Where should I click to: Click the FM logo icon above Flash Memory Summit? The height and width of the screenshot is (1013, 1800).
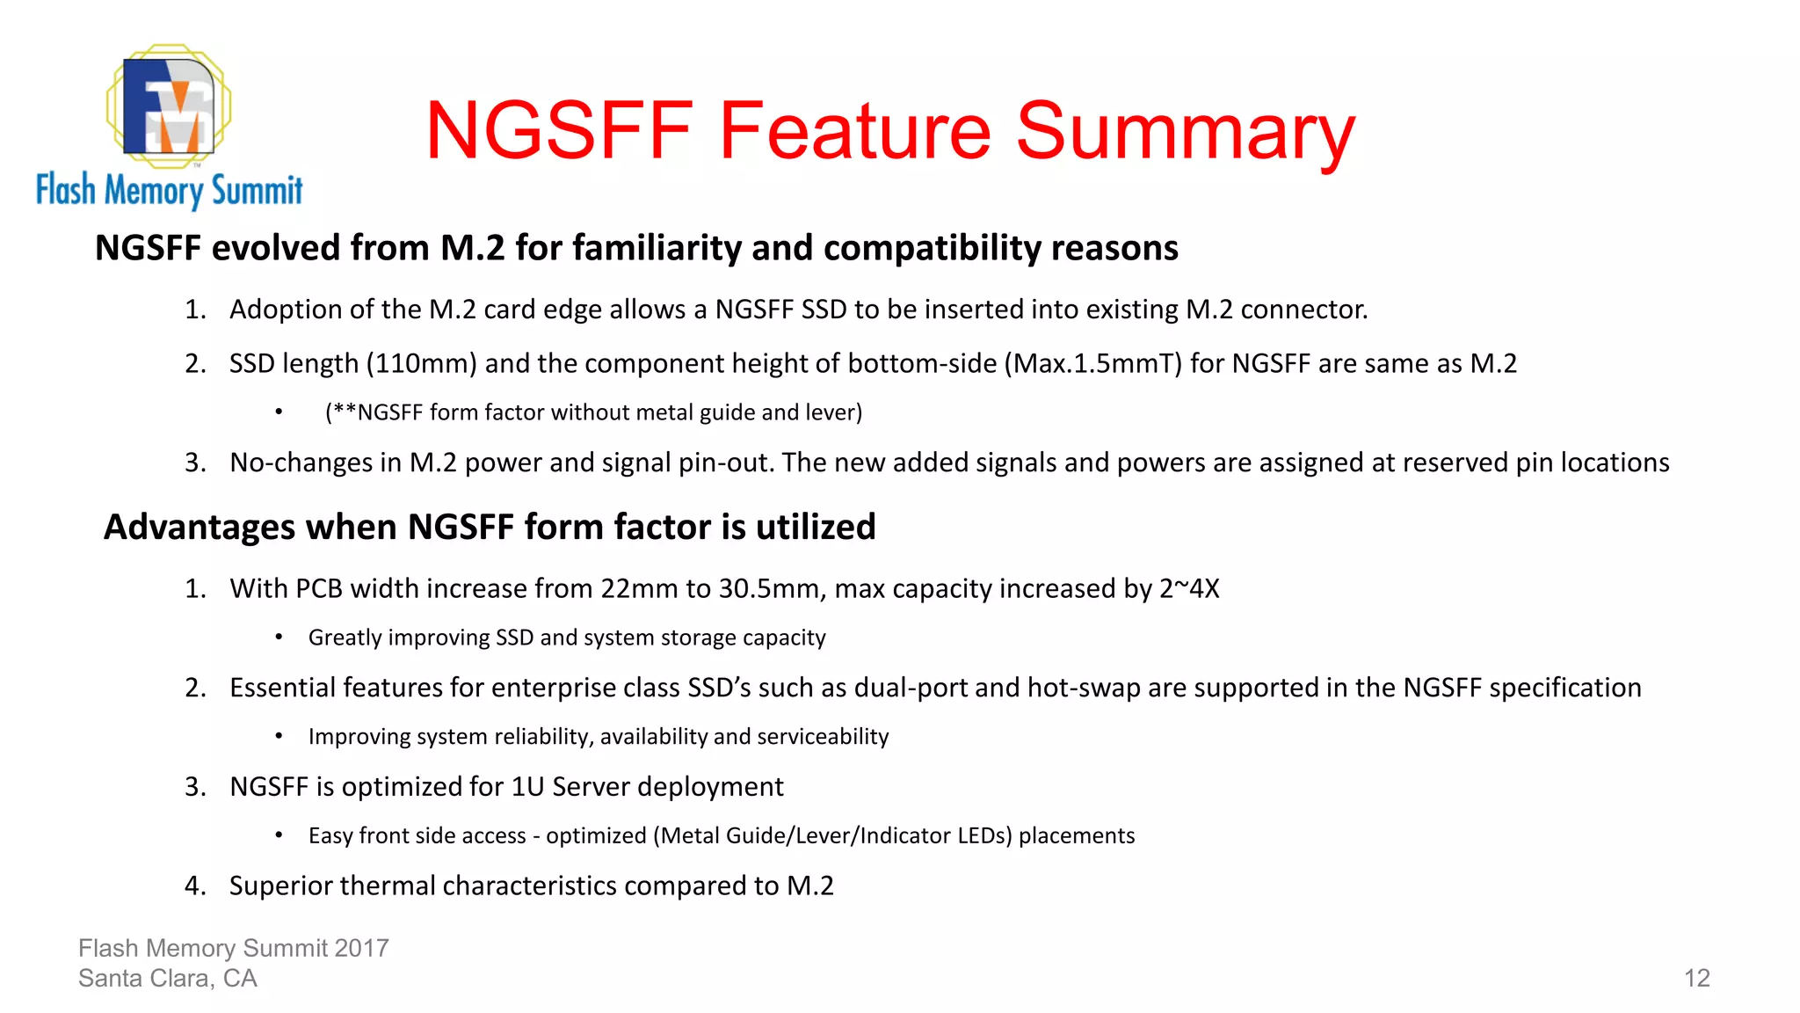[x=169, y=106]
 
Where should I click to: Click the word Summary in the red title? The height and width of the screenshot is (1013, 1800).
[x=1186, y=131]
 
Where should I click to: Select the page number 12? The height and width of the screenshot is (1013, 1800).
[x=1696, y=978]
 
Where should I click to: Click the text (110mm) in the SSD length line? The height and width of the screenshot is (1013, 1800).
[x=421, y=363]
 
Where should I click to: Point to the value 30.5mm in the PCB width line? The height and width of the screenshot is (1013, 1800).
[x=773, y=588]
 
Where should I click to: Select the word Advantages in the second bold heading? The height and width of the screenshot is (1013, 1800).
[x=200, y=527]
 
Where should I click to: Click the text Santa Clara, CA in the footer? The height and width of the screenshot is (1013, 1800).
[x=167, y=978]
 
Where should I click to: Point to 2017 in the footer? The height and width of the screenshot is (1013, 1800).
[x=361, y=948]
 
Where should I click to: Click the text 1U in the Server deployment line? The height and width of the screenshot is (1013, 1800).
[x=528, y=786]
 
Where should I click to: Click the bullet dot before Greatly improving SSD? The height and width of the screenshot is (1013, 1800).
[x=279, y=638]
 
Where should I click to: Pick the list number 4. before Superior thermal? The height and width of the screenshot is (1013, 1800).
[x=195, y=885]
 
